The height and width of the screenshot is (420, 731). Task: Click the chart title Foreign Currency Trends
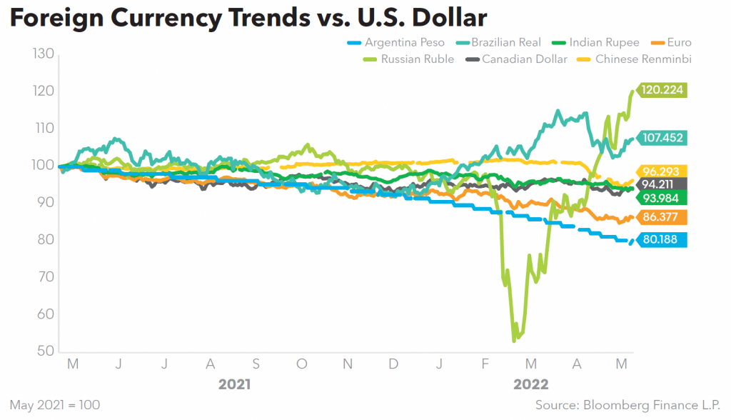pos(247,18)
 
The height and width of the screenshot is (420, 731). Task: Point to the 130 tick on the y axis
pos(43,54)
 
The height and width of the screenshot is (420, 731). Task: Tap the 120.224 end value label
pos(663,91)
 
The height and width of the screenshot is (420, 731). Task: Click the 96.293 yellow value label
pos(663,171)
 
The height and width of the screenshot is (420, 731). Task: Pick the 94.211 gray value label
pos(663,184)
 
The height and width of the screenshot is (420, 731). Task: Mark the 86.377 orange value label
pos(663,217)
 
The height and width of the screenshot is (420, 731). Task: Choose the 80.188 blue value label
pos(663,240)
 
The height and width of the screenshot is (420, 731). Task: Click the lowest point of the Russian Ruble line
pos(514,341)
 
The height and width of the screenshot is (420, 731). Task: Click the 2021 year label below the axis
pos(234,385)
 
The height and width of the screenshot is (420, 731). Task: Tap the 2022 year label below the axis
pos(531,385)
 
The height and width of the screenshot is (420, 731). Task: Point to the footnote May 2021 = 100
pos(55,405)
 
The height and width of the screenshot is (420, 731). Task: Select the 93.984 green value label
pos(663,198)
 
